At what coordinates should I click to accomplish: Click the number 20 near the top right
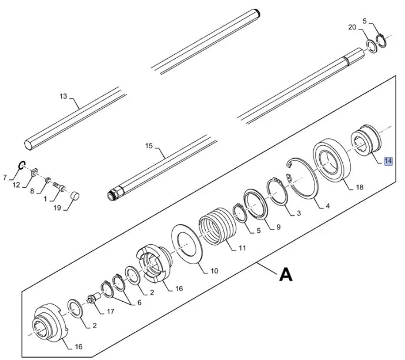(352, 27)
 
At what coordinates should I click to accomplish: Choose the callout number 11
(242, 249)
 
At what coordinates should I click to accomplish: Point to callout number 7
(5, 177)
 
